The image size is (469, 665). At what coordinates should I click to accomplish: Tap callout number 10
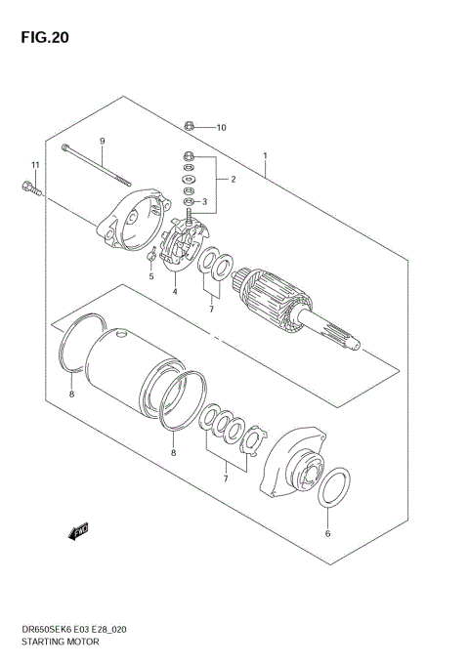click(x=222, y=127)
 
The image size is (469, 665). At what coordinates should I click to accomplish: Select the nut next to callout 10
click(x=191, y=126)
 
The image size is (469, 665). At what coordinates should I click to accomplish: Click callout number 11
click(x=35, y=164)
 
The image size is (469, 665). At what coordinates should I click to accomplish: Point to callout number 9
click(x=102, y=142)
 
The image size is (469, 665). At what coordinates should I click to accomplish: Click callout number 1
click(x=265, y=155)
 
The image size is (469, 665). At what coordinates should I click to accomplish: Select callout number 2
click(x=234, y=180)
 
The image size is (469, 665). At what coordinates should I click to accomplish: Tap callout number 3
click(x=206, y=202)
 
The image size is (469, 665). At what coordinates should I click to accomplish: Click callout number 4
click(x=174, y=291)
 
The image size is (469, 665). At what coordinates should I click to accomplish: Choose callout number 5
click(x=151, y=276)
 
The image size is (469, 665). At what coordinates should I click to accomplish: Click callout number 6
click(x=328, y=534)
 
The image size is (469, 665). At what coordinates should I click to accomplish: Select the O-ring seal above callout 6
click(x=334, y=485)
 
